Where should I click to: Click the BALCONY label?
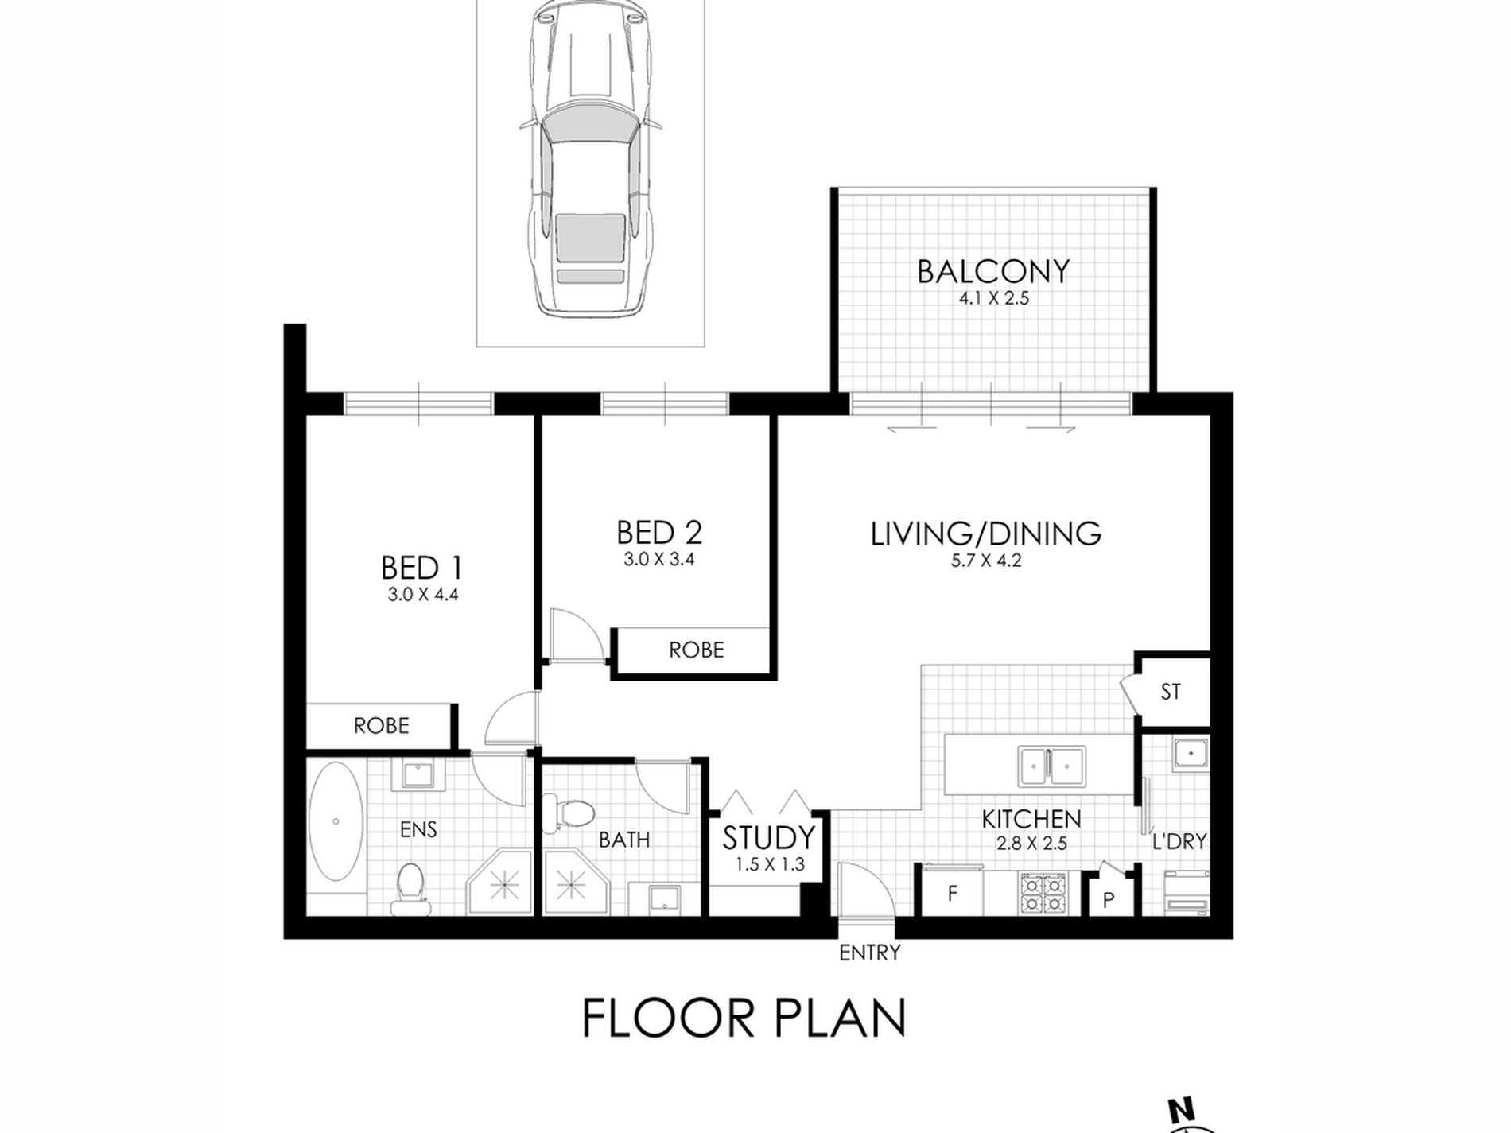(x=993, y=271)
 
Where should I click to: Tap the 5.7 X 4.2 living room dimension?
(x=986, y=560)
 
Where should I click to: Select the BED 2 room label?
(x=659, y=532)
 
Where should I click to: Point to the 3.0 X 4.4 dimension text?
(x=423, y=594)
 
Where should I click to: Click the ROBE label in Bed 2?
(x=697, y=650)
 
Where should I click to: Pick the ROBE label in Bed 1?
(x=382, y=725)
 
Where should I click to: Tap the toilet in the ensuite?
(x=410, y=889)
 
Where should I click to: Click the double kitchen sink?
(x=1051, y=766)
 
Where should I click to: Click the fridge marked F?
(x=952, y=893)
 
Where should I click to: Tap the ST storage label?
(x=1170, y=692)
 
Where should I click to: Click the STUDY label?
(x=768, y=838)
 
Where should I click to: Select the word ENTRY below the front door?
(x=870, y=953)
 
